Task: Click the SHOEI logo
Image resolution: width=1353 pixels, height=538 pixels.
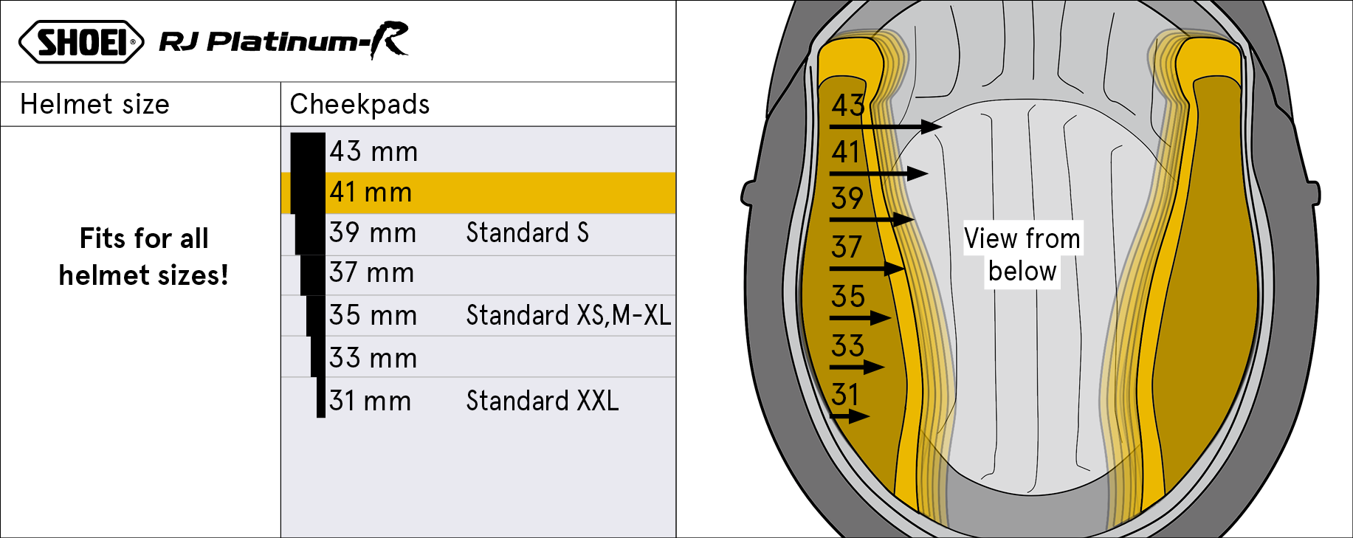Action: (81, 41)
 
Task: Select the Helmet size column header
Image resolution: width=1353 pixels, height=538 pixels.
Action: (94, 104)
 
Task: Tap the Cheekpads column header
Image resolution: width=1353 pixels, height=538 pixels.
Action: (359, 104)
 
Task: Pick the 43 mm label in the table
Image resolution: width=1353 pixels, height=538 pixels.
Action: (373, 151)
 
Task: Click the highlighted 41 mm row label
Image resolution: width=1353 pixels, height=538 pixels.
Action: (371, 192)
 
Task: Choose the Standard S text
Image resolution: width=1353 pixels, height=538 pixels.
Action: (527, 232)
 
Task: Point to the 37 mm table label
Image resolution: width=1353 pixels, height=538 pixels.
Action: (371, 273)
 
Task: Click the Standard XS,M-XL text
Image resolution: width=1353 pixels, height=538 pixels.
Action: (568, 315)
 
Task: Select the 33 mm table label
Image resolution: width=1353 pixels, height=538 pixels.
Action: (373, 358)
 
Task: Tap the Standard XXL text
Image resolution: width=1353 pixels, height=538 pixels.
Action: (543, 401)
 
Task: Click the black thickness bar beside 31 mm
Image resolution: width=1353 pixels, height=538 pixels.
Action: (321, 398)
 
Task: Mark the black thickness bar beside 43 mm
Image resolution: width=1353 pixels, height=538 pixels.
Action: (308, 153)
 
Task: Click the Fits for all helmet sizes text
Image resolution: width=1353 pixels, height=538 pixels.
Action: (144, 257)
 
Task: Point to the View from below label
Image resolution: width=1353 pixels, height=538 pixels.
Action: (1022, 255)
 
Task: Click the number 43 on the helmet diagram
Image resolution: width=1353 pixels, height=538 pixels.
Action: (847, 106)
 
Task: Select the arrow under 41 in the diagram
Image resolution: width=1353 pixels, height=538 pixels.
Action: (878, 173)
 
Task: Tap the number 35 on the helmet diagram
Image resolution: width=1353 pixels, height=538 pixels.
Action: (847, 297)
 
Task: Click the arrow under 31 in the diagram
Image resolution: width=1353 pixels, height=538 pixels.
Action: (850, 416)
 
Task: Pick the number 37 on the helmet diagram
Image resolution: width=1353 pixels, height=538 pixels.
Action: (847, 247)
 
